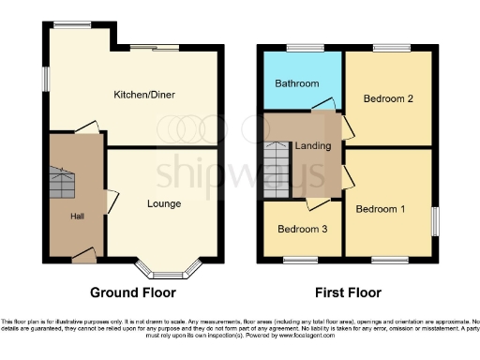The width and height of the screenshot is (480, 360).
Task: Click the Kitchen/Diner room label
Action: tap(144, 95)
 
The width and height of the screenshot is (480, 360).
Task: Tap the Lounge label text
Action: tap(164, 203)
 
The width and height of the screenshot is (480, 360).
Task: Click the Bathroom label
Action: tap(296, 83)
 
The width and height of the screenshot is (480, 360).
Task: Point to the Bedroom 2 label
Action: tap(388, 98)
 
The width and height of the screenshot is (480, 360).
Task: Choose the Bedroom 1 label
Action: tap(380, 208)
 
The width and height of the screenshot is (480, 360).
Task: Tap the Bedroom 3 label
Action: tap(301, 229)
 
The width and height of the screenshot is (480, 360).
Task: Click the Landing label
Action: tap(311, 146)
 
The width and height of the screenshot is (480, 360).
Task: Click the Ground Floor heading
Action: tap(132, 292)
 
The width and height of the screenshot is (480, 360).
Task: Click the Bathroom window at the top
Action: tap(302, 47)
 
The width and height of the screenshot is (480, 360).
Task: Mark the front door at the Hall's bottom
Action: tap(83, 252)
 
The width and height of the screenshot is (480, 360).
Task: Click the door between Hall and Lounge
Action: tap(111, 200)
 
